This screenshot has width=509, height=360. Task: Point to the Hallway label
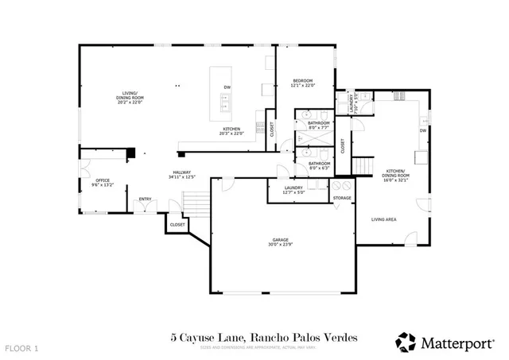pyautogui.click(x=181, y=175)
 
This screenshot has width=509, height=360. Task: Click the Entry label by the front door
pyautogui.click(x=145, y=199)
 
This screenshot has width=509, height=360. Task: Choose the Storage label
pyautogui.click(x=342, y=198)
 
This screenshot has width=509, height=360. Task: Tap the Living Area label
pyautogui.click(x=385, y=219)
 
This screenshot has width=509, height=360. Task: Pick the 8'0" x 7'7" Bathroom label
pyautogui.click(x=319, y=125)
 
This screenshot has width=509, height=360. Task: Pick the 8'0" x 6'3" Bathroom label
pyautogui.click(x=320, y=165)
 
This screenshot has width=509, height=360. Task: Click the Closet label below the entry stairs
pyautogui.click(x=177, y=225)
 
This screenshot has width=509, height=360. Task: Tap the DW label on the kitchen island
pyautogui.click(x=227, y=87)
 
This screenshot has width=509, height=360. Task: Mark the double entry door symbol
pyautogui.click(x=145, y=208)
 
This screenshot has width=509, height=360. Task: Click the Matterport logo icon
pyautogui.click(x=406, y=342)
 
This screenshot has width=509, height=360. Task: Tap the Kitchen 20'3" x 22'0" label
pyautogui.click(x=231, y=130)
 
